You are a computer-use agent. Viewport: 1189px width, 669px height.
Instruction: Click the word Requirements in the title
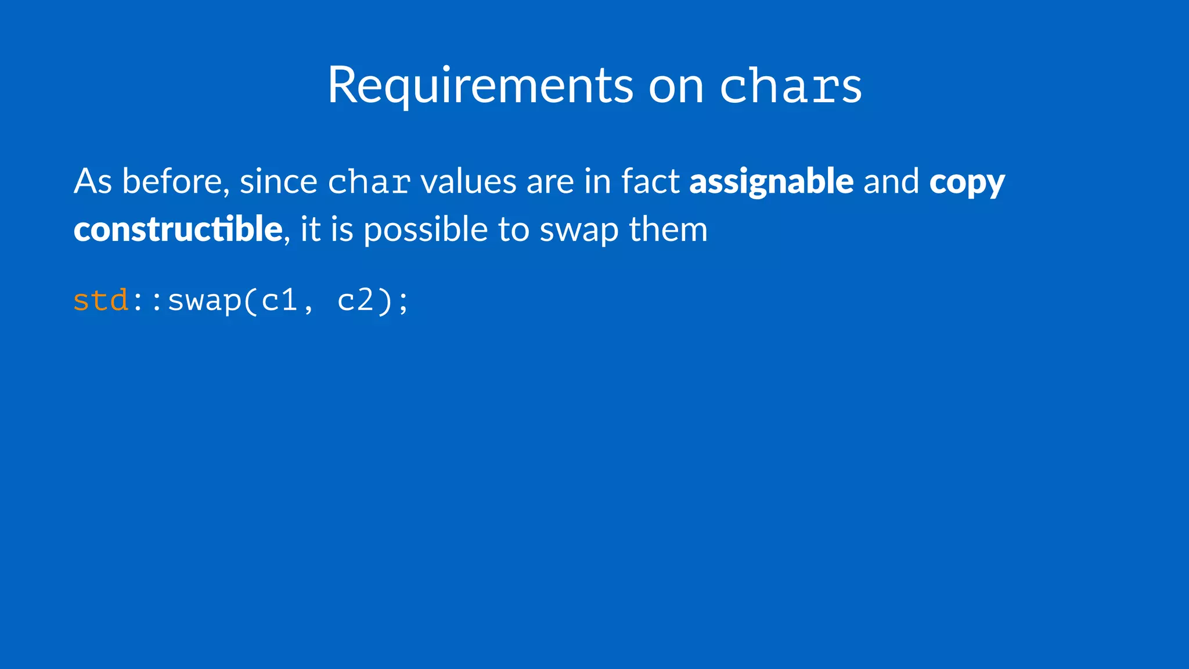point(480,86)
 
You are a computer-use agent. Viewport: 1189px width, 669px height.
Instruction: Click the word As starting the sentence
point(92,181)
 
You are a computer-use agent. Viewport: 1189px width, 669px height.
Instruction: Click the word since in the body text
point(278,181)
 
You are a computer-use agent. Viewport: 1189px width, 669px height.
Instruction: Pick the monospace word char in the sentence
point(369,182)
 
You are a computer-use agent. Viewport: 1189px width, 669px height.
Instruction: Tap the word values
point(468,181)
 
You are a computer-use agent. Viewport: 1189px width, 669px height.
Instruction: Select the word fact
point(650,181)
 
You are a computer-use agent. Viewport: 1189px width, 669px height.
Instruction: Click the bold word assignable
point(771,182)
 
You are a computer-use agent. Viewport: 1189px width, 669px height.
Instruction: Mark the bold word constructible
point(178,229)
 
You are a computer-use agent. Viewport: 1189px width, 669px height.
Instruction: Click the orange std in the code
point(101,301)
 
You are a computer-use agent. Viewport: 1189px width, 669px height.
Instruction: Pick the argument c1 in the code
point(279,301)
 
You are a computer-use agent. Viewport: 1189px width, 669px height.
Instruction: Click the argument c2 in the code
point(355,301)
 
